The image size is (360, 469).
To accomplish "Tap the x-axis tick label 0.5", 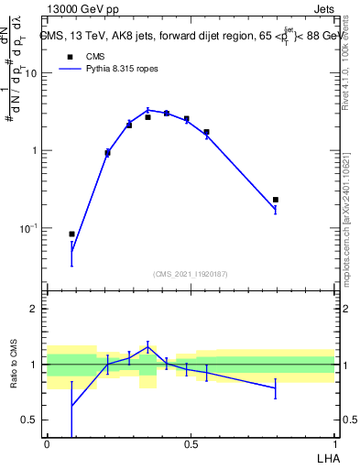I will pos(191,443).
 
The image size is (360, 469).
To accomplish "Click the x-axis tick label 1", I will pos(333,443).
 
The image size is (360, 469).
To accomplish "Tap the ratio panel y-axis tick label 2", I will pos(34,309).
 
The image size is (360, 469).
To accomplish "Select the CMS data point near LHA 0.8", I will pos(275,200).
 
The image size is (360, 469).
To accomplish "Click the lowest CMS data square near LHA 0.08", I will pos(71,234).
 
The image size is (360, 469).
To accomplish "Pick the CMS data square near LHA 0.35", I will pos(147,117).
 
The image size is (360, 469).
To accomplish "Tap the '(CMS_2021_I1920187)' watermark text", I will pos(190,273).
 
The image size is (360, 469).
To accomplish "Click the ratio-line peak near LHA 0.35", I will pos(147,346).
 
